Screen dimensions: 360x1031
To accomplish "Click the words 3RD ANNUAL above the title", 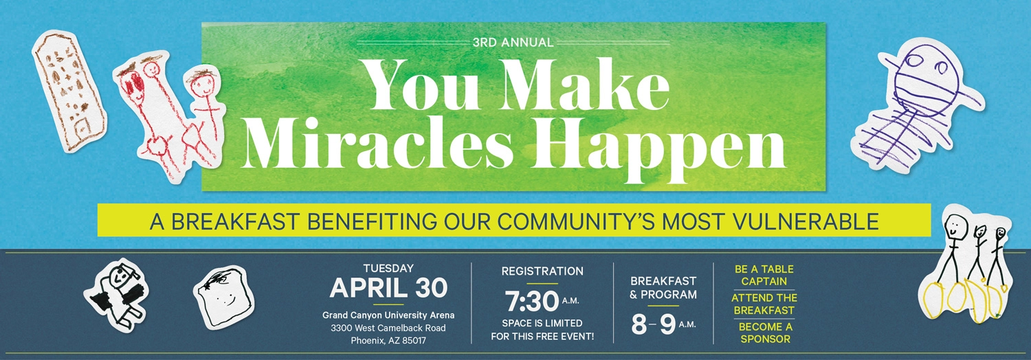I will (x=513, y=43).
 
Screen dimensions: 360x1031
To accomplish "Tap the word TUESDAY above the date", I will (x=388, y=269).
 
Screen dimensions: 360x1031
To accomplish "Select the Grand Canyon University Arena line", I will (x=388, y=315).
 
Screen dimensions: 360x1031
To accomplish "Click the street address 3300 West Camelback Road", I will (x=388, y=328).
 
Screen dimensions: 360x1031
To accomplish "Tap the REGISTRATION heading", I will (x=542, y=271).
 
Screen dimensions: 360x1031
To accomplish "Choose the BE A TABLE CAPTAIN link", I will (x=764, y=275).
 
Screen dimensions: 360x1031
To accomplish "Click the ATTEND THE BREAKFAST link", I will (x=764, y=304).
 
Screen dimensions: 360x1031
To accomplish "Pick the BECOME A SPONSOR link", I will (x=765, y=333).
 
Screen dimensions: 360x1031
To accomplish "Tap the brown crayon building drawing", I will (x=70, y=86).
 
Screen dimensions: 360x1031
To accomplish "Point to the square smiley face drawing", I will (x=223, y=291).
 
